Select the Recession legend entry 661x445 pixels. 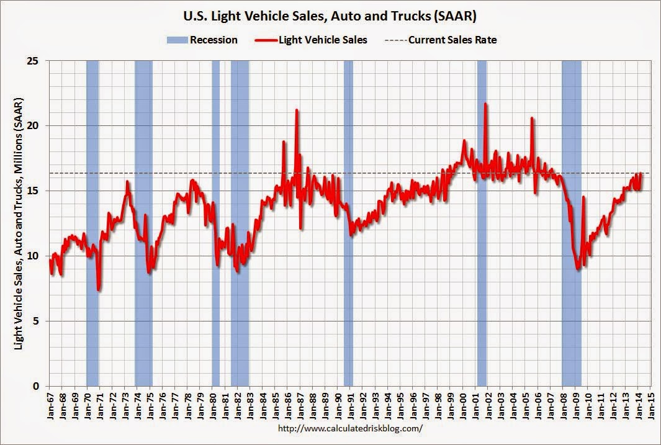202,40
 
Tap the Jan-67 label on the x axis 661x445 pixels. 50,405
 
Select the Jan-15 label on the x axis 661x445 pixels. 652,405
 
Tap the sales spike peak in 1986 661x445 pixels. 297,110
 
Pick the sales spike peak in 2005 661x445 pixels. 532,118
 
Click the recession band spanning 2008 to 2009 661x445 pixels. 571,223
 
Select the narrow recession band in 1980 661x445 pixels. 216,223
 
